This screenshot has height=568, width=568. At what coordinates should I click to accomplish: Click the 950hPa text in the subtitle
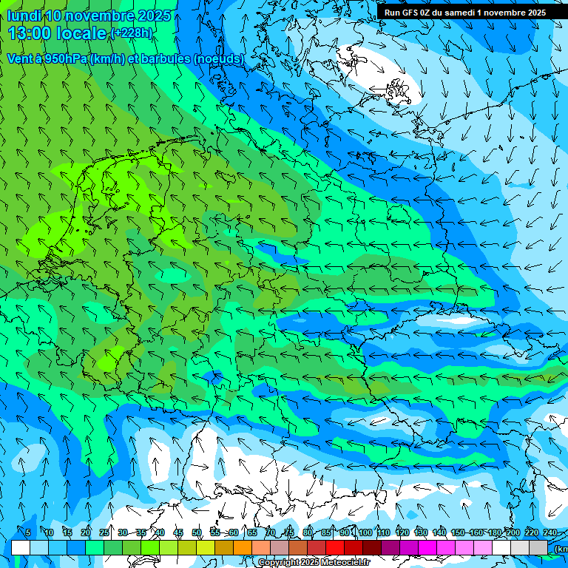tap(63, 58)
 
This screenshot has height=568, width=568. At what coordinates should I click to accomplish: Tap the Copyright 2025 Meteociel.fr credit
tap(314, 563)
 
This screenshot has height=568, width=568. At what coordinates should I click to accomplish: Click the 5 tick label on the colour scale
tap(28, 532)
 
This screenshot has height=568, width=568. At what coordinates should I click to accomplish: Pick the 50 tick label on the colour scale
tap(197, 532)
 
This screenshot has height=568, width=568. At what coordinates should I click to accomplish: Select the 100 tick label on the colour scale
tap(365, 532)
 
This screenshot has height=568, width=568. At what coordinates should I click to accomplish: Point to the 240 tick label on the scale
tap(550, 532)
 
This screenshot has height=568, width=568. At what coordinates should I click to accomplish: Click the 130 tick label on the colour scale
tap(421, 532)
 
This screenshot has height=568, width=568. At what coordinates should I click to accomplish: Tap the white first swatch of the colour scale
tap(21, 547)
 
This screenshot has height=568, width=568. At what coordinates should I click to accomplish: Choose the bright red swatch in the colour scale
tap(335, 547)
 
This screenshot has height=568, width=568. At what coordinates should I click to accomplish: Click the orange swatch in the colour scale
tap(243, 547)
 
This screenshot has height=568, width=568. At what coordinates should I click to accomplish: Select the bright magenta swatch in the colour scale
tap(427, 547)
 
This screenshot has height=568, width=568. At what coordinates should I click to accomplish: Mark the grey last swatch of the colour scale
tap(538, 547)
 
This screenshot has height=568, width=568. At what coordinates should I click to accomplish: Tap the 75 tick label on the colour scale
tap(289, 532)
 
